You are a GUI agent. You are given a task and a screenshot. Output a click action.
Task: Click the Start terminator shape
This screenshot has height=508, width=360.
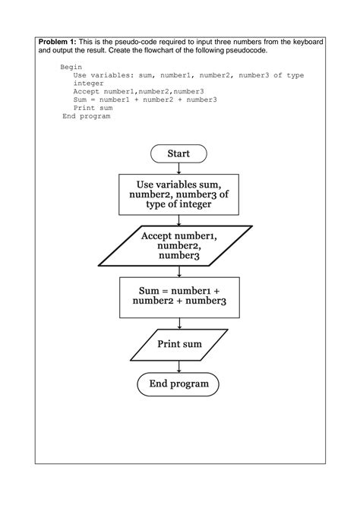[178, 153]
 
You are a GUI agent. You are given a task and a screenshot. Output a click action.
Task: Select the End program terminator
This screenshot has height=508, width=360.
[178, 384]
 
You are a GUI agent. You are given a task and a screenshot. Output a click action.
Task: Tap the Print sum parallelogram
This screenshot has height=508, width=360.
[179, 345]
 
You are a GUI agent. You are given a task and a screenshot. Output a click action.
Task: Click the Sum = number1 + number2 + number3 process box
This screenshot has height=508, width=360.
[178, 297]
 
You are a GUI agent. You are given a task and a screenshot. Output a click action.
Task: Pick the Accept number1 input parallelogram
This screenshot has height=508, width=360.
[178, 246]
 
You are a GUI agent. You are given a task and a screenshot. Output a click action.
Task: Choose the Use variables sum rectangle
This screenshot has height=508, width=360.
[178, 194]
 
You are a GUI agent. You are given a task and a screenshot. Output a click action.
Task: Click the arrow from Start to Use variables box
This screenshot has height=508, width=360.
[178, 169]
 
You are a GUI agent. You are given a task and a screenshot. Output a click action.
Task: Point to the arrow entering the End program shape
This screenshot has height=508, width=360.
[178, 367]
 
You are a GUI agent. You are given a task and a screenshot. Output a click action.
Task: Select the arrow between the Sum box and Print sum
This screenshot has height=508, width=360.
[178, 323]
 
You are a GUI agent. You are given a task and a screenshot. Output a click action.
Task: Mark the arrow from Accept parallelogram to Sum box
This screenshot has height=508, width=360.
[178, 272]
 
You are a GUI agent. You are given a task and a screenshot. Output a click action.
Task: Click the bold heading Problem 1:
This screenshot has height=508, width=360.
[57, 40]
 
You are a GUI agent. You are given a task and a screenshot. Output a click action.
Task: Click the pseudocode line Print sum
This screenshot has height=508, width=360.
[93, 108]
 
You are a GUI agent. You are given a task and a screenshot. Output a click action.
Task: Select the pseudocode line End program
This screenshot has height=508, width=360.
[87, 116]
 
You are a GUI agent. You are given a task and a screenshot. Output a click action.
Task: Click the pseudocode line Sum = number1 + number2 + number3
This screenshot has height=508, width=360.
[144, 99]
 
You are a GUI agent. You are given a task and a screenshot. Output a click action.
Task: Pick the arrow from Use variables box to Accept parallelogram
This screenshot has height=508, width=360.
[178, 220]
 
